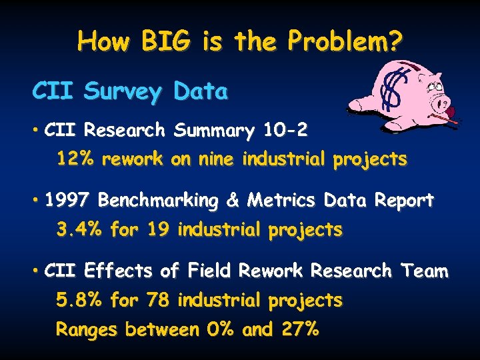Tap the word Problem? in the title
pos(345,42)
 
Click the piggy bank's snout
pos(441,103)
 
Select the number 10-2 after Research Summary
pos(286,130)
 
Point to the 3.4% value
pos(79,231)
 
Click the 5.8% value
pos(79,301)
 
